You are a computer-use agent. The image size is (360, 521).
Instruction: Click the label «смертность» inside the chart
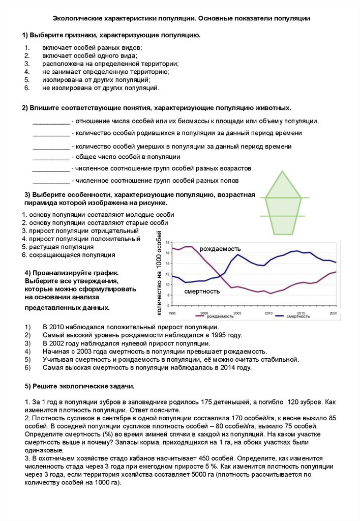click(202, 292)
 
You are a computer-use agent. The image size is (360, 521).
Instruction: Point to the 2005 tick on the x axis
click(236, 312)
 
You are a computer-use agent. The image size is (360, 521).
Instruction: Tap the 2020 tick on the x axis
click(334, 312)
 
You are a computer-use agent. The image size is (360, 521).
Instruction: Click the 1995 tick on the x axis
click(172, 312)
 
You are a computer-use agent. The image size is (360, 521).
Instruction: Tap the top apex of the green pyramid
click(283, 172)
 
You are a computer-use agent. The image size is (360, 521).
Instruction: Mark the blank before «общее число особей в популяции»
click(51, 157)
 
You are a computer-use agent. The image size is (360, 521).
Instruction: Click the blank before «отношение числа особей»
click(51, 122)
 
